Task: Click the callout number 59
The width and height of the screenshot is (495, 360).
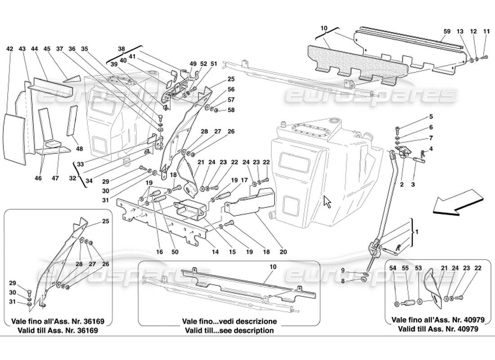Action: click(447, 32)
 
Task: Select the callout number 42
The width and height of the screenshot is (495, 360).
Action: click(9, 48)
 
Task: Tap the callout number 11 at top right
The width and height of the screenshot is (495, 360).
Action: click(486, 32)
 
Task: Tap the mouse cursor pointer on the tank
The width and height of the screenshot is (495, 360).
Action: click(327, 201)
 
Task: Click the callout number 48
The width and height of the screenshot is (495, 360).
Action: click(80, 149)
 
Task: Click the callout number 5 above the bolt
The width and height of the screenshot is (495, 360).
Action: click(418, 117)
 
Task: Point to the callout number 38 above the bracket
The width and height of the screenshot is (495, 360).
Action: click(121, 48)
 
